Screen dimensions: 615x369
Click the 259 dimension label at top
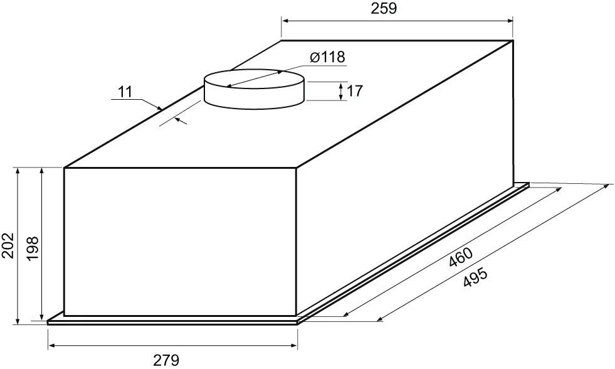(x=384, y=8)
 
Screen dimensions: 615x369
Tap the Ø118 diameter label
(x=327, y=57)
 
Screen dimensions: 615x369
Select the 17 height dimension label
(x=355, y=91)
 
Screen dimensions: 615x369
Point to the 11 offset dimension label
(x=125, y=92)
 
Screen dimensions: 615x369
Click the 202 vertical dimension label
(x=8, y=246)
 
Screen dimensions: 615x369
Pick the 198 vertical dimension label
(x=32, y=248)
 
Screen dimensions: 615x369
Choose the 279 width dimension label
(x=166, y=360)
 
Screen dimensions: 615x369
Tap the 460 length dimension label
(x=460, y=257)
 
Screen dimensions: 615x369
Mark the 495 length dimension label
(x=475, y=277)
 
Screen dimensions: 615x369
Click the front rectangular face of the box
(x=180, y=242)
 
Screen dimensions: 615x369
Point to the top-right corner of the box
(x=513, y=40)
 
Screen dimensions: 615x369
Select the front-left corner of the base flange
(x=48, y=323)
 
